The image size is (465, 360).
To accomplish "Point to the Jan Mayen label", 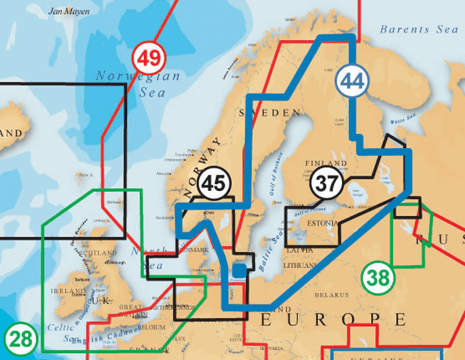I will point(69,12).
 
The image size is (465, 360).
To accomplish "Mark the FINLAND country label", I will point(321,164).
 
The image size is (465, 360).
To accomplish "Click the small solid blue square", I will point(238,270).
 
